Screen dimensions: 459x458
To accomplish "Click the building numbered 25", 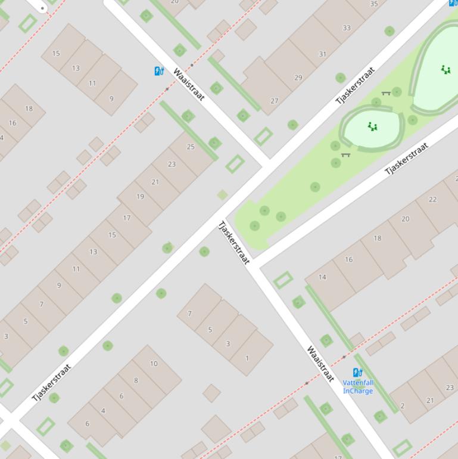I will (x=191, y=147).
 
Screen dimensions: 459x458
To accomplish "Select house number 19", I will (x=140, y=197).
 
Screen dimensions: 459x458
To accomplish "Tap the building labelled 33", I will (x=347, y=28).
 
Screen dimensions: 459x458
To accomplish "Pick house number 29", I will (x=298, y=77).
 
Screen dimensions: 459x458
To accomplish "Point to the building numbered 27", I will (x=274, y=101).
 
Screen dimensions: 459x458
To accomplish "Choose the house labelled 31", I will (x=322, y=54).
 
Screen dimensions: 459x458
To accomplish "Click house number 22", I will (x=432, y=200).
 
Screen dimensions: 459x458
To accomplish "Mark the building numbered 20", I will (x=405, y=219).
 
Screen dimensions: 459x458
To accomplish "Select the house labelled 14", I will (x=322, y=277).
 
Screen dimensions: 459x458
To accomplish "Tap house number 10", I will (x=154, y=364).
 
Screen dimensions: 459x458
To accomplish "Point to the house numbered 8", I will (x=136, y=380).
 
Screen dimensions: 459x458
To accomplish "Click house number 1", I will (x=247, y=359).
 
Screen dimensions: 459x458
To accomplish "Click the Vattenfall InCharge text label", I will (x=358, y=387).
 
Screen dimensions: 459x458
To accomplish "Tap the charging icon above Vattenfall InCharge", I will (x=357, y=373).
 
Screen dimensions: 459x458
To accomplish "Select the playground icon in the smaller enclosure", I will (x=373, y=126).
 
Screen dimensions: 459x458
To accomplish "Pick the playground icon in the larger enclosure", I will (x=445, y=70).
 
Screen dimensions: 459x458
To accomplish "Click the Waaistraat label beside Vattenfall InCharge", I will (x=320, y=363).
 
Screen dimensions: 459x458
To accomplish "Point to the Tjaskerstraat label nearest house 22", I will (x=407, y=159).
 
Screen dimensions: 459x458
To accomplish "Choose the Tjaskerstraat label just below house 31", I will (x=356, y=86).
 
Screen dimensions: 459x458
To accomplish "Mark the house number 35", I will (x=373, y=4).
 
